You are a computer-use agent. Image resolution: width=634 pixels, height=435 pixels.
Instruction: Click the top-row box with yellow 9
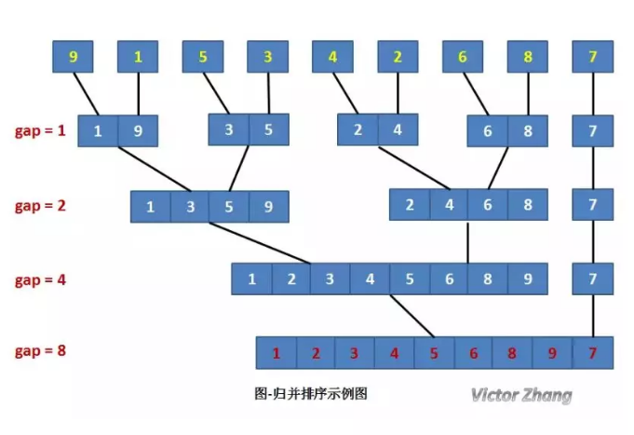[x=74, y=57]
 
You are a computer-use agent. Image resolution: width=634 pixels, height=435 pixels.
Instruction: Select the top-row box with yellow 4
[x=332, y=57]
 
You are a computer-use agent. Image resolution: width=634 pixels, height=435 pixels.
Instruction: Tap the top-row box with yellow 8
[x=527, y=57]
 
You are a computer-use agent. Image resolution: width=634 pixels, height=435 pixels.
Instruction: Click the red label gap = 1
[x=40, y=130]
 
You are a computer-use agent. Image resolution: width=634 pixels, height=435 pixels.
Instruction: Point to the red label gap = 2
[x=40, y=205]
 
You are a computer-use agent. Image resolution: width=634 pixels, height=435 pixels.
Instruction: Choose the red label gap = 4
[x=40, y=279]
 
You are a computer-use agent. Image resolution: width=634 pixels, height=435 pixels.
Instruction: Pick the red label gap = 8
[x=40, y=351]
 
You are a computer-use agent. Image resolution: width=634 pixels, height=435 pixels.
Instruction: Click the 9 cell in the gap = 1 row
[x=138, y=131]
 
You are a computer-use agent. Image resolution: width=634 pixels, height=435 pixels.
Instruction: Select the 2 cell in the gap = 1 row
[x=357, y=130]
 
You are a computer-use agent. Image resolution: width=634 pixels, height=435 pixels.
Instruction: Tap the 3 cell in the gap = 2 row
[x=190, y=207]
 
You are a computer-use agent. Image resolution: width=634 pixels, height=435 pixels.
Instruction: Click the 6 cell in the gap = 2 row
[x=487, y=205]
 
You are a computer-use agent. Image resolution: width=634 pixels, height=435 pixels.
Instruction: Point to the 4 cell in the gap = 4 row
[x=370, y=279]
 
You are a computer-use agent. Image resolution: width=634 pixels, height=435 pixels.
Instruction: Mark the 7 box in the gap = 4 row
[x=593, y=279]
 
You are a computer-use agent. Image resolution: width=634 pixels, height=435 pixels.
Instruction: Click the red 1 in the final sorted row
[x=276, y=353]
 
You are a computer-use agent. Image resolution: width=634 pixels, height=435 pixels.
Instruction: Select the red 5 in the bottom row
[x=434, y=353]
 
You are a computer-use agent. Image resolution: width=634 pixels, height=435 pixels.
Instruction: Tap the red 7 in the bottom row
[x=593, y=353]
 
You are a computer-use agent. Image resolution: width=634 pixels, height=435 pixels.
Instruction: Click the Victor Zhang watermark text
[x=520, y=395]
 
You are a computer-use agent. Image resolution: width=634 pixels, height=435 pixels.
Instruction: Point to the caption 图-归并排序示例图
[x=311, y=394]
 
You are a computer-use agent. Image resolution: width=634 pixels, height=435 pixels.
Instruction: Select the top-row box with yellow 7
[x=593, y=57]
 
